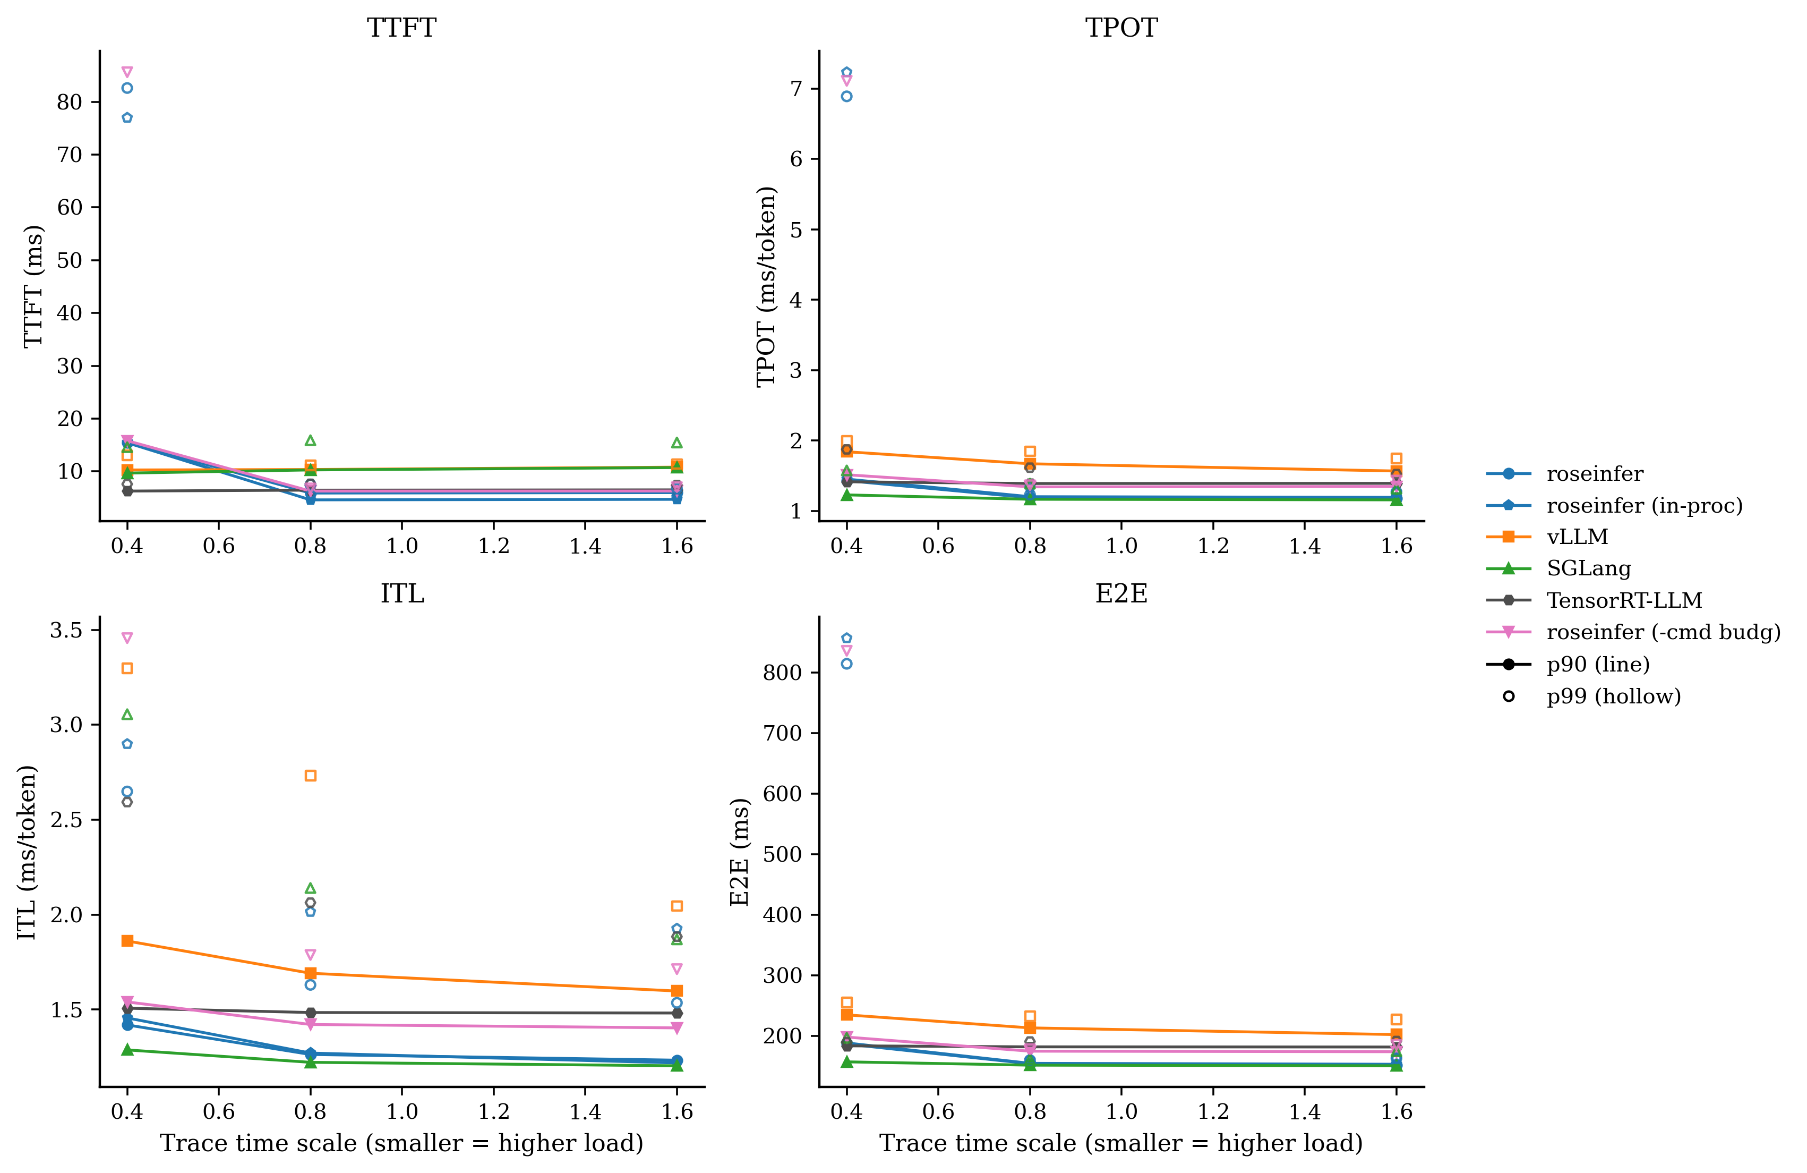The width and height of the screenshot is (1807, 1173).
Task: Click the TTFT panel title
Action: tap(401, 28)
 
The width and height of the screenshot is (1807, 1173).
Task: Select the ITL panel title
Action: tap(401, 593)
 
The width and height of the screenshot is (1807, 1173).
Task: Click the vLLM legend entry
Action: tap(1578, 537)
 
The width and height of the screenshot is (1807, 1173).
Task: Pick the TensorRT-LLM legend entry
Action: tap(1624, 600)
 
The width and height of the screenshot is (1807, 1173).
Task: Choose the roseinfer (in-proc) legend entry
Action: tap(1645, 505)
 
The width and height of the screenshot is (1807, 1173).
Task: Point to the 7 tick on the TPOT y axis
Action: tap(795, 89)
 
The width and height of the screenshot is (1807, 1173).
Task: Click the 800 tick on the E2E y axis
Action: tap(783, 673)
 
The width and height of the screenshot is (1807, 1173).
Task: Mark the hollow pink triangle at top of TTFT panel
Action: tap(127, 72)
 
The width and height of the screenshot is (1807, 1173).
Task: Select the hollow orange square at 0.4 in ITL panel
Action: tap(127, 668)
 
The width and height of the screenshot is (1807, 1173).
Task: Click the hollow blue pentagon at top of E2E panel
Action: tap(846, 638)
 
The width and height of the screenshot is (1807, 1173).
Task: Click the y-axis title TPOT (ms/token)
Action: tap(767, 286)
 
